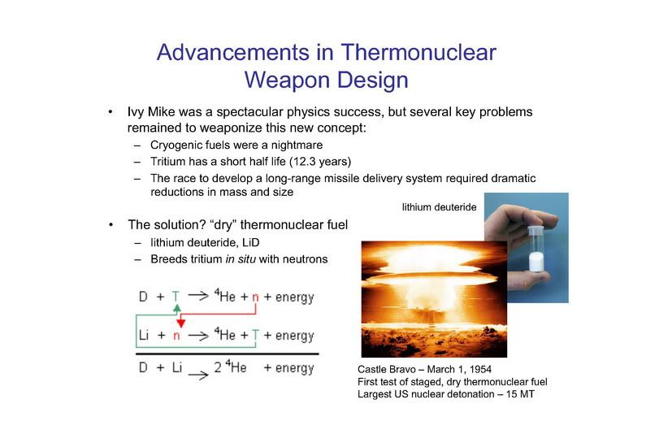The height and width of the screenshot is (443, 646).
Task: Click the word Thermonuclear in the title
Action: pyautogui.click(x=418, y=52)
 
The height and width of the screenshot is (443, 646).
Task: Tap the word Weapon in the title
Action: pyautogui.click(x=285, y=80)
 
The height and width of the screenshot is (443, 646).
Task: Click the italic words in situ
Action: pyautogui.click(x=241, y=258)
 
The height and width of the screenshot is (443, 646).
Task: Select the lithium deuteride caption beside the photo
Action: pyautogui.click(x=439, y=207)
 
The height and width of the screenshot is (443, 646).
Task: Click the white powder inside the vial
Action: pyautogui.click(x=536, y=262)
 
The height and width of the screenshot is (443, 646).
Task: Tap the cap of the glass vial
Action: pyautogui.click(x=536, y=230)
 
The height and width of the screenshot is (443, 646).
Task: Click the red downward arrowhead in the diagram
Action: pyautogui.click(x=180, y=323)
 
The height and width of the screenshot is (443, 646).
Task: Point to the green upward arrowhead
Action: pyautogui.click(x=177, y=308)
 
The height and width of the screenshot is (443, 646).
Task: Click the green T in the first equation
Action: pyautogui.click(x=176, y=297)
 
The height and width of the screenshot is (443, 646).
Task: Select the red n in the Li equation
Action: pyautogui.click(x=176, y=336)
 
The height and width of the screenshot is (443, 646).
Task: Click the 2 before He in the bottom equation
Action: pyautogui.click(x=218, y=367)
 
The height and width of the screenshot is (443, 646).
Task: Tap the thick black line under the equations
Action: pyautogui.click(x=228, y=354)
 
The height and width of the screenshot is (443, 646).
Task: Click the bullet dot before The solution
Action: pyautogui.click(x=111, y=225)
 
